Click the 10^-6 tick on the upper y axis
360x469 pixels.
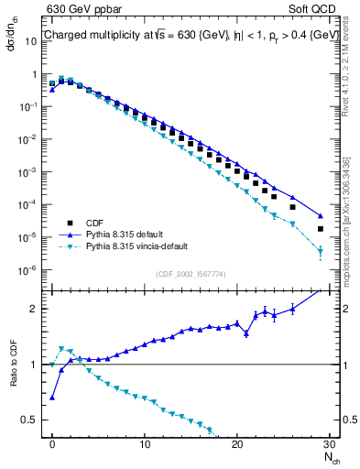pyautogui.click(x=30, y=270)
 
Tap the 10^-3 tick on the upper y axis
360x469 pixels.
pyautogui.click(x=30, y=172)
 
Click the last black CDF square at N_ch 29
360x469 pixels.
pyautogui.click(x=320, y=229)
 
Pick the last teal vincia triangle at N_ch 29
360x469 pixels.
pyautogui.click(x=320, y=251)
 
